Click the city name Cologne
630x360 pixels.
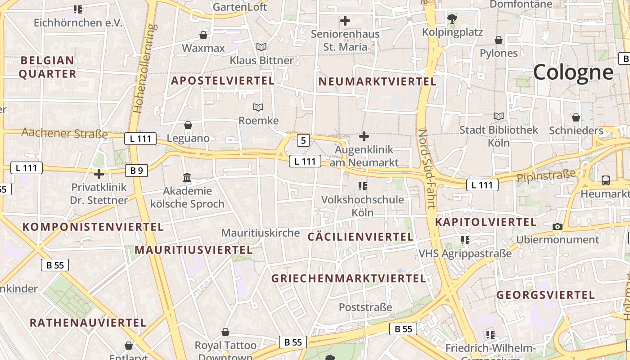click(x=573, y=72)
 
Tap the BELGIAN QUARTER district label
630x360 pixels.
click(x=47, y=67)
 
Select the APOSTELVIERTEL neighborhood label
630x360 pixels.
click(x=223, y=81)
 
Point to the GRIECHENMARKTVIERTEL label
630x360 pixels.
click(x=348, y=279)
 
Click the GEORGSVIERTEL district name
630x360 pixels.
click(x=545, y=296)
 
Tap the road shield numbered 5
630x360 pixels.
click(x=303, y=141)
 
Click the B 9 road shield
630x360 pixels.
click(x=136, y=170)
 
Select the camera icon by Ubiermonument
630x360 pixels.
click(x=558, y=226)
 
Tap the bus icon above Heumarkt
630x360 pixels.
click(x=606, y=180)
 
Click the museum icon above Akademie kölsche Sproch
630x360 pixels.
click(x=187, y=178)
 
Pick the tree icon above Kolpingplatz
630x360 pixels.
click(x=452, y=19)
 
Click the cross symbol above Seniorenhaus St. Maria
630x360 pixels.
click(x=345, y=21)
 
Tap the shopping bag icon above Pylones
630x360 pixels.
click(x=499, y=40)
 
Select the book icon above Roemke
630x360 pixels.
click(x=258, y=107)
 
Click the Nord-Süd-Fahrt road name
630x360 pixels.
click(x=427, y=169)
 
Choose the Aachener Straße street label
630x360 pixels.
click(x=65, y=133)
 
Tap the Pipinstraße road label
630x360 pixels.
click(x=546, y=176)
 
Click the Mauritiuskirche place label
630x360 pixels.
click(x=261, y=233)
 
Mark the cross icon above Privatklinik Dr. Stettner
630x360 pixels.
click(x=99, y=174)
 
